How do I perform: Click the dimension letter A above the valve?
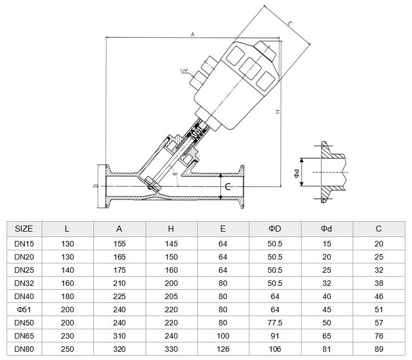pyautogui.click(x=193, y=35)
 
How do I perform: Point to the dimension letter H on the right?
pyautogui.click(x=278, y=112)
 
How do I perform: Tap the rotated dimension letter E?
pyautogui.click(x=289, y=24)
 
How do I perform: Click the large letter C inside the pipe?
pyautogui.click(x=228, y=187)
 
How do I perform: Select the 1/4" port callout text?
pyautogui.click(x=185, y=70)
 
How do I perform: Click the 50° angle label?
pyautogui.click(x=175, y=174)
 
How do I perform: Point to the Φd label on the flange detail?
pyautogui.click(x=297, y=173)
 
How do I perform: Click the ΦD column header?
pyautogui.click(x=275, y=229)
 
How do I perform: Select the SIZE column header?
pyautogui.click(x=24, y=229)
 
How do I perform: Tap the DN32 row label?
pyautogui.click(x=24, y=283)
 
